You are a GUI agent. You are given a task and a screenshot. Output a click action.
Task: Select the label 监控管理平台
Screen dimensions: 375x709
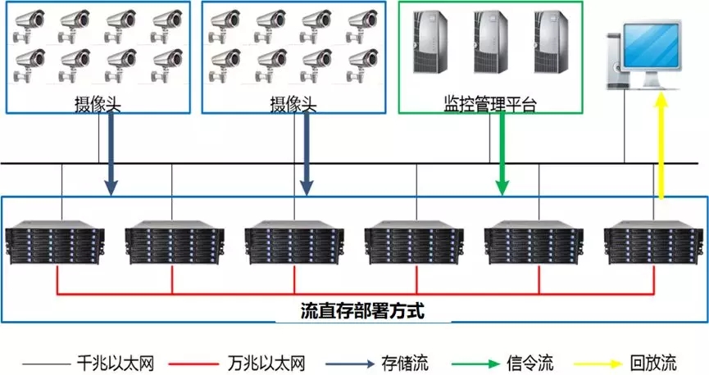[x=489, y=104]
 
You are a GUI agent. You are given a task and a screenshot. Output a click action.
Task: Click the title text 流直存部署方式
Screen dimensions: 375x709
[x=355, y=311]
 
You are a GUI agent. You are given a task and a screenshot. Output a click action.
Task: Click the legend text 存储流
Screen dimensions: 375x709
[x=405, y=362]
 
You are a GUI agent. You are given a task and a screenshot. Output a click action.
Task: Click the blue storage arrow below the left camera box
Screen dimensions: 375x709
[x=111, y=156]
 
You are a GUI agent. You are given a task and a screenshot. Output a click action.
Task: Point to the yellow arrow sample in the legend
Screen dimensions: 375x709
[x=603, y=362]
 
